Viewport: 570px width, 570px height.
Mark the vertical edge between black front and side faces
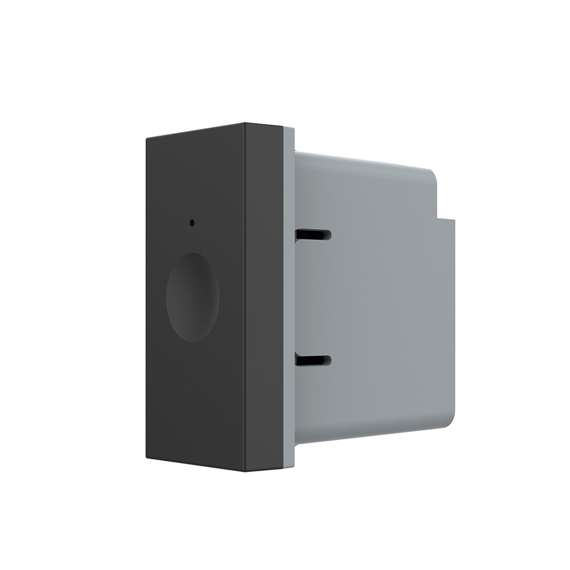pyautogui.click(x=246, y=296)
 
